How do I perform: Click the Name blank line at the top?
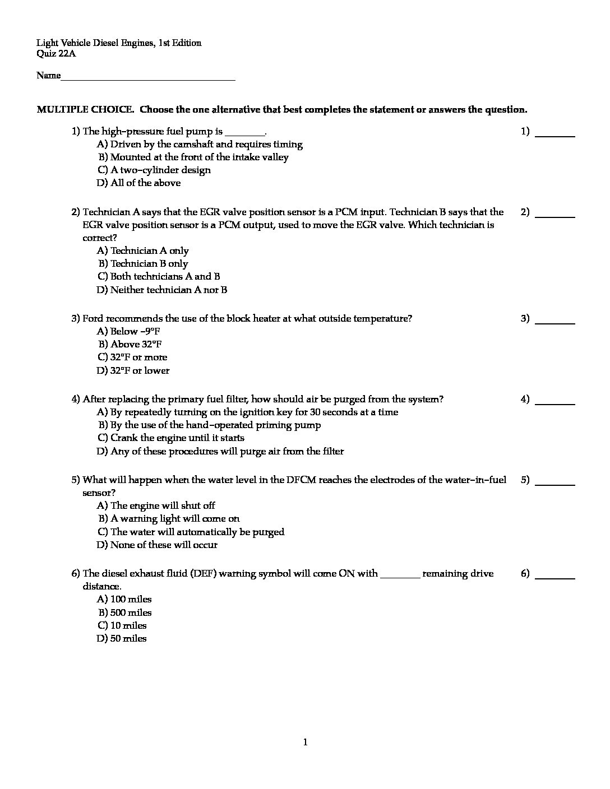point(148,79)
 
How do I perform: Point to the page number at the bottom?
point(305,742)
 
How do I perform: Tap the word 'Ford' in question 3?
point(93,318)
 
